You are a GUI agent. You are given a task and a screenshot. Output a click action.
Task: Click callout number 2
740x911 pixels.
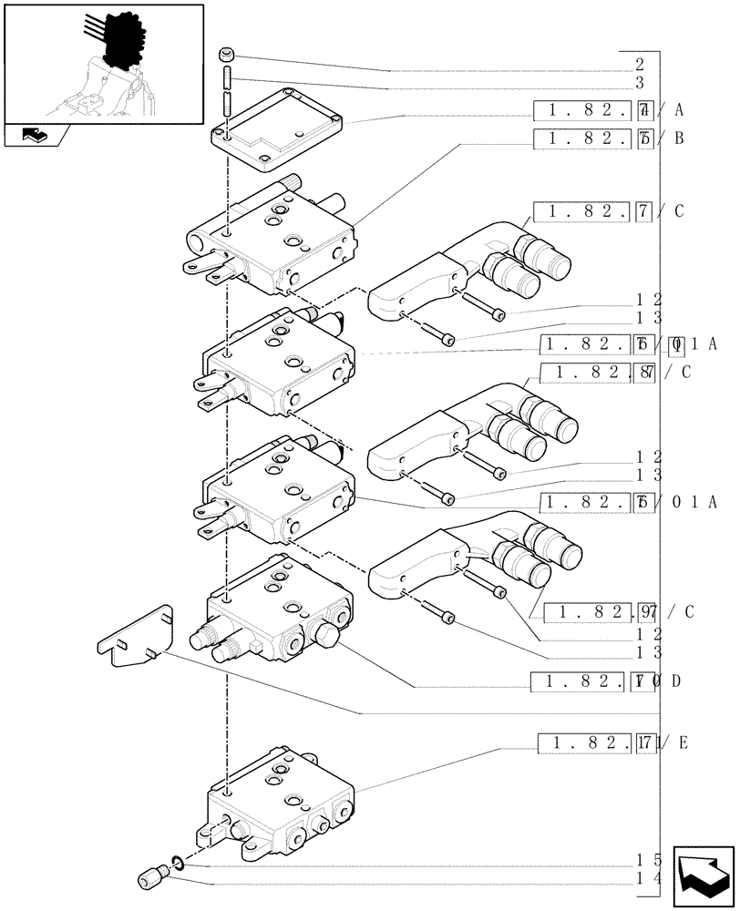(640, 65)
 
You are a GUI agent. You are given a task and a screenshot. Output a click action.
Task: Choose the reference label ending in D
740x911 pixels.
(605, 681)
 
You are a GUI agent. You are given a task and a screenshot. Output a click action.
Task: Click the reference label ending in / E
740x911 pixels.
(614, 742)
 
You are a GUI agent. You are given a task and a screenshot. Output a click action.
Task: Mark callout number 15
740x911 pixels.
(648, 859)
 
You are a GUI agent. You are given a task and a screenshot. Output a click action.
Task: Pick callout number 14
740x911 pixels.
(648, 877)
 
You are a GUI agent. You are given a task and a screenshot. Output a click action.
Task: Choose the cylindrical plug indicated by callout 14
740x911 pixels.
(152, 876)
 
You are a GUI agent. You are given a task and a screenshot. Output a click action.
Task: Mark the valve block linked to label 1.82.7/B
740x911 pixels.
(273, 239)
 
